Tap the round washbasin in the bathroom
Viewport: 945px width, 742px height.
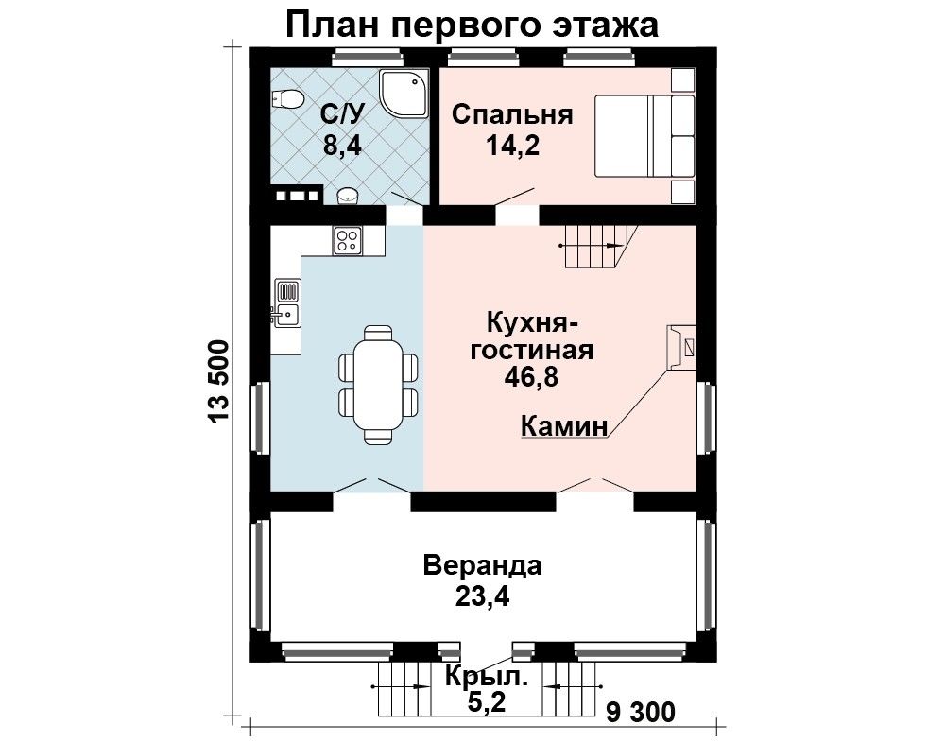pyautogui.click(x=347, y=195)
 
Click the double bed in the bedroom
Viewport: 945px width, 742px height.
pyautogui.click(x=644, y=135)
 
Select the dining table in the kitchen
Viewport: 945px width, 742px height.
pyautogui.click(x=378, y=385)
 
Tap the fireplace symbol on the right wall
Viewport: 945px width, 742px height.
pyautogui.click(x=681, y=347)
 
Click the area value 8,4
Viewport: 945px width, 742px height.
pyautogui.click(x=342, y=146)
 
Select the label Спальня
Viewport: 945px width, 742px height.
pyautogui.click(x=512, y=114)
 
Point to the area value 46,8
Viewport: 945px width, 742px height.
pyautogui.click(x=532, y=377)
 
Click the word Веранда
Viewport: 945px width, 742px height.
pyautogui.click(x=482, y=566)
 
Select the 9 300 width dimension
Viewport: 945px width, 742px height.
pyautogui.click(x=641, y=713)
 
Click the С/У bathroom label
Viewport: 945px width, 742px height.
pyautogui.click(x=344, y=113)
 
